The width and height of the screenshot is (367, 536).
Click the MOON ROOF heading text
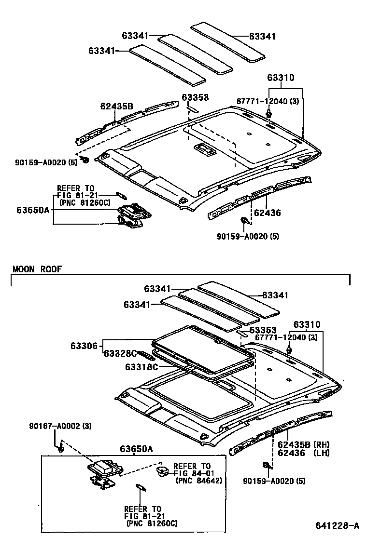37,269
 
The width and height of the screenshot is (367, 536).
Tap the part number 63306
85,345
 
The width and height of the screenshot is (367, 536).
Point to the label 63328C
120,353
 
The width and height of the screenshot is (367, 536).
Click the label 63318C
141,367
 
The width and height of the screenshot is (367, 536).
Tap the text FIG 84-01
192,473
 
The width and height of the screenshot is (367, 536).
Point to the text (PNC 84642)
198,481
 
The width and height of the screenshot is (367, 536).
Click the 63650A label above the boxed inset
137,449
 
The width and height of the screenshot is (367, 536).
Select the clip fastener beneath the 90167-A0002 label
60,449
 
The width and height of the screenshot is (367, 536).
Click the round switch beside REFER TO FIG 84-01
162,470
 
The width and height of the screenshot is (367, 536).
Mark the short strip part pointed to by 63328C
144,355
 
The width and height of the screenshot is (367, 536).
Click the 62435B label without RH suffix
116,107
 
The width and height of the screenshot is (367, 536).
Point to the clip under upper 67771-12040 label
268,115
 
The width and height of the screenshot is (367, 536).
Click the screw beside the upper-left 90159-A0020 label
85,160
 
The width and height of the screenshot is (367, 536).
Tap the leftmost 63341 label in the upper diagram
101,50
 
